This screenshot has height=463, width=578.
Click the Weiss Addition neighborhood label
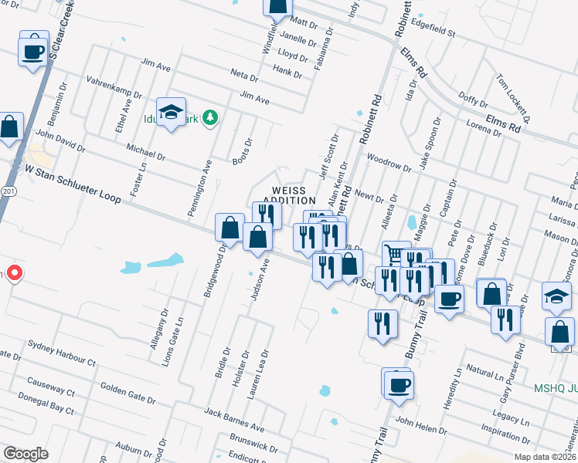coord(287,195)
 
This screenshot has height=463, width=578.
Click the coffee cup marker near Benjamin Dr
coord(33,52)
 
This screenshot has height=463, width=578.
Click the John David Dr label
coord(59,140)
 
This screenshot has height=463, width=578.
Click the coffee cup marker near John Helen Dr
coord(399,384)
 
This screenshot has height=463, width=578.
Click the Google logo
coord(25,453)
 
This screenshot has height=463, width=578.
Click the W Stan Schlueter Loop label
coord(72,183)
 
